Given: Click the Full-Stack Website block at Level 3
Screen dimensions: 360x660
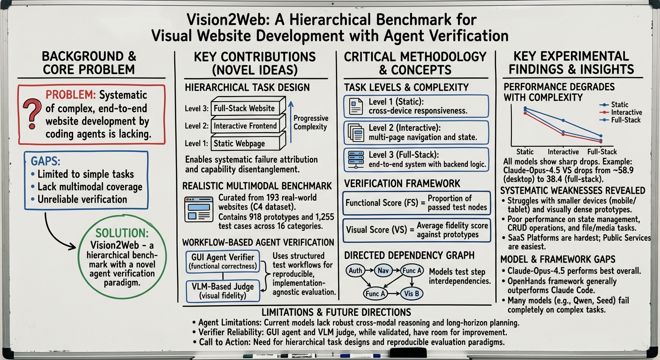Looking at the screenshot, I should click(245, 108).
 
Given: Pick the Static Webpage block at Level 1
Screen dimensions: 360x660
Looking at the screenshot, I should click(240, 143).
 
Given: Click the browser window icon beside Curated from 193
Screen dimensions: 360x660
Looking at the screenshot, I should click(199, 209).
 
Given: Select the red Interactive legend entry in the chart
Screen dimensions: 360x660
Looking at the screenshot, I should click(626, 112).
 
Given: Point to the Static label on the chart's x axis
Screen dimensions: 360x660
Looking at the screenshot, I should click(525, 152).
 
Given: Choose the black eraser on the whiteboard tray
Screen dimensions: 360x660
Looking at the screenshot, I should click(407, 353).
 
